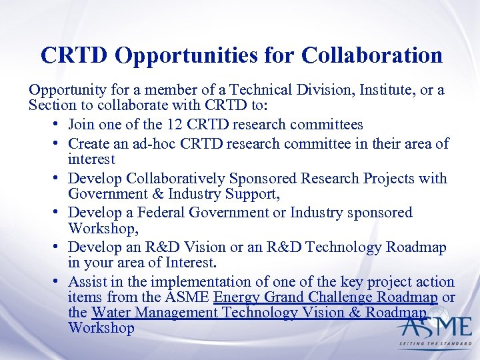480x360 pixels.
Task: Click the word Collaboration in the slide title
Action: (371, 55)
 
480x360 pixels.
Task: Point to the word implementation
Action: (195, 282)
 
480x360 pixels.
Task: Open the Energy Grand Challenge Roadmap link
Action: (325, 297)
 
